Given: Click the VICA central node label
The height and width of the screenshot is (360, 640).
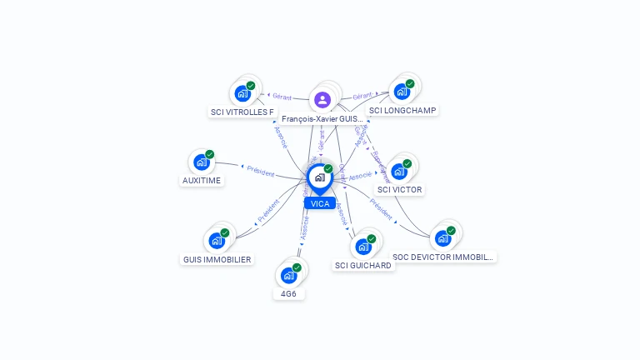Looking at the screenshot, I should pos(320,203).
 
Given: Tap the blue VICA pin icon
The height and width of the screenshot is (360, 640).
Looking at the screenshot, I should pos(319,178).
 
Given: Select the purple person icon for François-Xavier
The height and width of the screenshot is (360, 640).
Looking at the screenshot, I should pos(322,100).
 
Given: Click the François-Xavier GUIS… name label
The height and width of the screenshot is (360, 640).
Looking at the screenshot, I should pos(322,119).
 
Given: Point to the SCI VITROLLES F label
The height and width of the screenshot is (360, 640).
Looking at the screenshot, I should pos(242,112).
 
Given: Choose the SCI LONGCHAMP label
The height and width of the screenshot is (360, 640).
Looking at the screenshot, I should pos(402,110).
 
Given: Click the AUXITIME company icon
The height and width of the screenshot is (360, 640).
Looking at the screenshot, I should pos(201,162).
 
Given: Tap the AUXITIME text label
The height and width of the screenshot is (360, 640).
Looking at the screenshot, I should pos(202,181).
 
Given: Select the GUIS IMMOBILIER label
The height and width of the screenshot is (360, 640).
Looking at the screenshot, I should pos(217,259).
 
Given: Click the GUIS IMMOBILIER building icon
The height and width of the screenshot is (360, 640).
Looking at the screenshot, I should pos(217,241).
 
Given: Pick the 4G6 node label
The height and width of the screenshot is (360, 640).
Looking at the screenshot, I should pos(288,293).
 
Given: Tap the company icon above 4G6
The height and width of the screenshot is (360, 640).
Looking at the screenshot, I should pos(288,275).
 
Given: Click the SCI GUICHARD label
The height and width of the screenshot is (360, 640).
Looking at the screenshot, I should pos(362,265).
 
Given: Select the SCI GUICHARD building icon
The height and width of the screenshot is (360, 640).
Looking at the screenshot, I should pos(362,247).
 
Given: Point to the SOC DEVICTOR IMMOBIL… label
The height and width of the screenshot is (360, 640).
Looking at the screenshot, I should pos(443,257).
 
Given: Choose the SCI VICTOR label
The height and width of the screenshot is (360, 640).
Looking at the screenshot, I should pos(400,189).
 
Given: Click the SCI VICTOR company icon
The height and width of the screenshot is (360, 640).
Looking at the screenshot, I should pos(399,172).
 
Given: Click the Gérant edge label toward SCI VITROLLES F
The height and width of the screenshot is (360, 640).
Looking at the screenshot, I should pos(282,97).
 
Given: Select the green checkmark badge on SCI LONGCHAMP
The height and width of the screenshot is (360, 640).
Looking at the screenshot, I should pos(410,83).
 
